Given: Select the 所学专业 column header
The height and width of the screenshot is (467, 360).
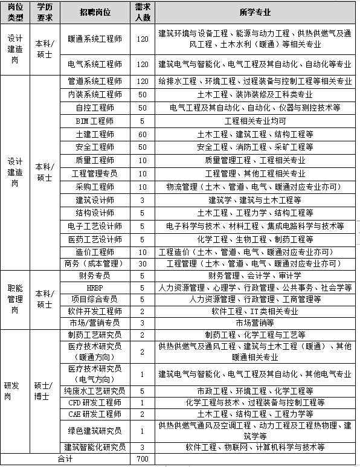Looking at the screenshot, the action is (x=254, y=13).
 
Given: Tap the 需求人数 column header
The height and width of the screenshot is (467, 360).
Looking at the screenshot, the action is (x=143, y=13).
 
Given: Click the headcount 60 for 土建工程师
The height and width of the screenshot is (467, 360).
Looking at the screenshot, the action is (x=143, y=134).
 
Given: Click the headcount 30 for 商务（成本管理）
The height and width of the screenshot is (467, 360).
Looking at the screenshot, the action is (x=143, y=263).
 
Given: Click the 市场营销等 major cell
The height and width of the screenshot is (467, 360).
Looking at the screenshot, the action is (x=254, y=323).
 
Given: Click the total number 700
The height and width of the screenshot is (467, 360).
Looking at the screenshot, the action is (x=143, y=460).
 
